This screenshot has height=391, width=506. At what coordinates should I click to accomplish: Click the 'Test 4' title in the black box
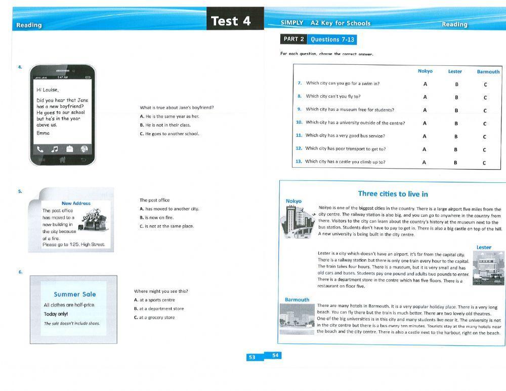tap(231, 21)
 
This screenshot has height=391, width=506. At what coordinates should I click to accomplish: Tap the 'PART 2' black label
tap(293, 39)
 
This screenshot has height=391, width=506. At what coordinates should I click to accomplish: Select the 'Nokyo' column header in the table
tap(425, 71)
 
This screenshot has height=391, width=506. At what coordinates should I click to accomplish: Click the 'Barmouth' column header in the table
tap(488, 72)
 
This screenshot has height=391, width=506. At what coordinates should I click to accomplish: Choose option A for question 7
tap(425, 84)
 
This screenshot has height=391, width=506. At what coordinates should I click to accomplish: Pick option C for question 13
tap(484, 163)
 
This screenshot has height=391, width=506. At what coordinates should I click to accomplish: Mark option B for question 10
tap(456, 123)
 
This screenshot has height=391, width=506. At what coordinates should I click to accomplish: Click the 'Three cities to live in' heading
tap(393, 193)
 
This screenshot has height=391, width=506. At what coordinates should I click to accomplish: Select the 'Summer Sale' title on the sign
tap(75, 294)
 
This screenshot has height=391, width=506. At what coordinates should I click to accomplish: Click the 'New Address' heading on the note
tap(76, 204)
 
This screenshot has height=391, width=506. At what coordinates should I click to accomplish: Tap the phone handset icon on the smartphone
tap(40, 149)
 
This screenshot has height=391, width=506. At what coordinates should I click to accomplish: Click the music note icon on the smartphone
tap(55, 149)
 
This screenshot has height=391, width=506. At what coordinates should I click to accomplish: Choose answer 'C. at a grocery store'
tap(154, 318)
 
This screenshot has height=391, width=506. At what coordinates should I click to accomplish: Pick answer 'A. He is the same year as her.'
tap(170, 116)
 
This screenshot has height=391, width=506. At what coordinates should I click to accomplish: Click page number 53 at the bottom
tap(252, 357)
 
